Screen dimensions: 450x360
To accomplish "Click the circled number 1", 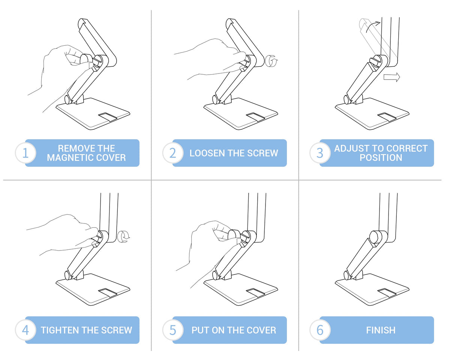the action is point(25,153).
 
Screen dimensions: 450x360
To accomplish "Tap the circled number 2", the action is point(173,153).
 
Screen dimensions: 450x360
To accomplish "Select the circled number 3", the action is point(320,153).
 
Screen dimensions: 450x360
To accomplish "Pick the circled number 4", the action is point(25,330).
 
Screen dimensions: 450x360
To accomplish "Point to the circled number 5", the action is point(173,330).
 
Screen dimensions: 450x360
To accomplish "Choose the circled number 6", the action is point(320,330).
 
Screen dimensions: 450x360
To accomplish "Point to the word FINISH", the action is point(381,330).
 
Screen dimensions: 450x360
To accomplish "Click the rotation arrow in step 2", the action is point(271,61).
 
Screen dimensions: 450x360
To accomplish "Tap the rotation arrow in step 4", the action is point(123,237).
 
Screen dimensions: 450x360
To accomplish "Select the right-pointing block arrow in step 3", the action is point(392,77).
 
